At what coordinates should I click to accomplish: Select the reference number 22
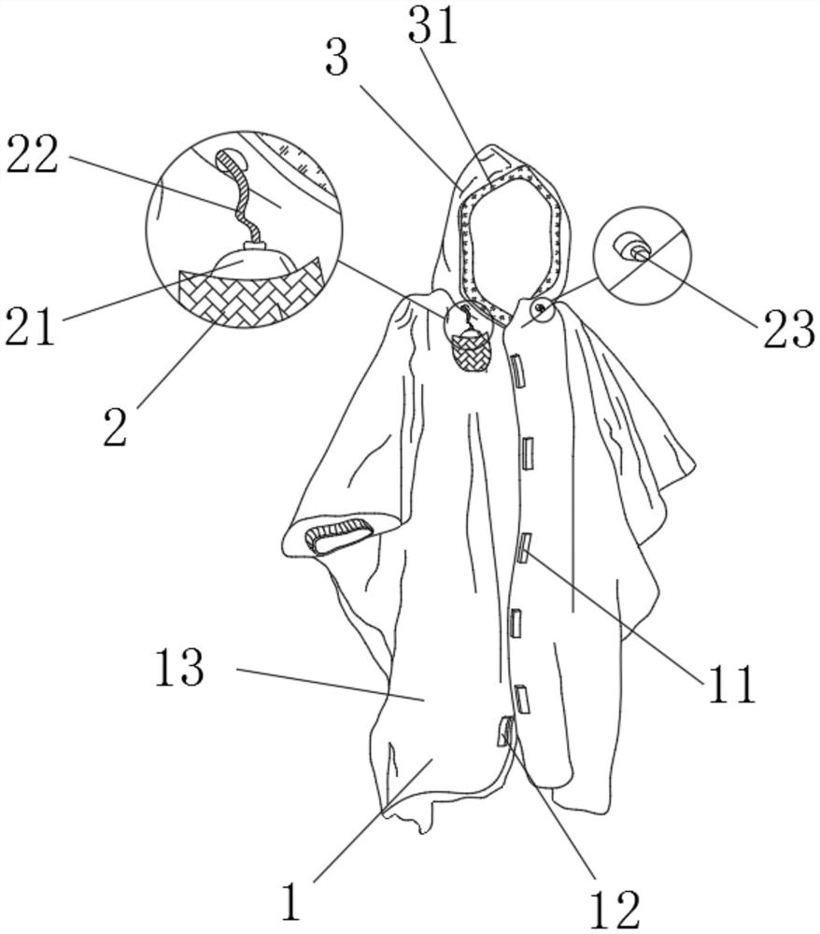pos(33,154)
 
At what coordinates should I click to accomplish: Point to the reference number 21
pos(31,326)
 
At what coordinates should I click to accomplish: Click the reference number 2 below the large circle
pos(115,427)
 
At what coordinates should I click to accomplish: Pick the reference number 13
pos(180,667)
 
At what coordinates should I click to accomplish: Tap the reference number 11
pos(730,684)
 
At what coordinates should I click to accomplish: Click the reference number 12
pos(615,909)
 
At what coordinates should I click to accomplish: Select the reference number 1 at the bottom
pos(290,902)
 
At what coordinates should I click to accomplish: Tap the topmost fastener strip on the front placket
pos(516,369)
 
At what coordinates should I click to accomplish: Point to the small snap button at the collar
pos(542,307)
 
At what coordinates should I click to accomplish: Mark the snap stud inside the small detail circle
pos(633,248)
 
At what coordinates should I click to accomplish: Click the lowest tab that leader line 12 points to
pos(505,731)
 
